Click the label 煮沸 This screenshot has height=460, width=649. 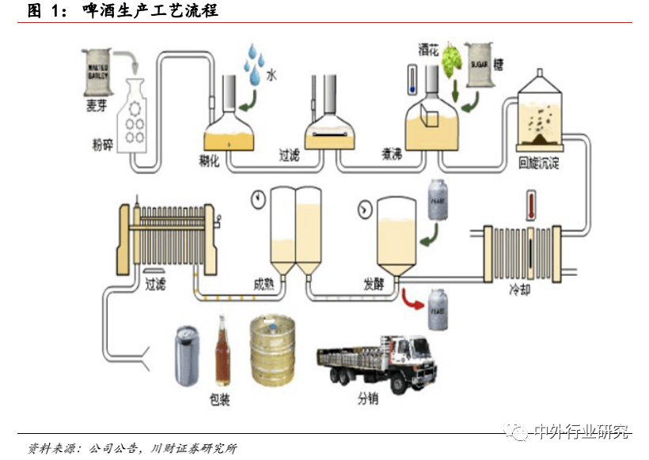pyautogui.click(x=391, y=155)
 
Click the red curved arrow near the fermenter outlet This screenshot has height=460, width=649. pyautogui.click(x=411, y=299)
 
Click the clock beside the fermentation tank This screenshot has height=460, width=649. pyautogui.click(x=366, y=209)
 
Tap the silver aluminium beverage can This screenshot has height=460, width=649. pyautogui.click(x=190, y=358)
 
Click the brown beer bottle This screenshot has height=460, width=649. pyautogui.click(x=222, y=353)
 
